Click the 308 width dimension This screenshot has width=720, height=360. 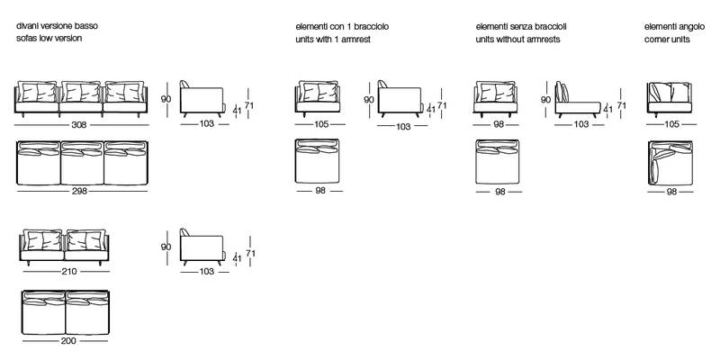click(79, 125)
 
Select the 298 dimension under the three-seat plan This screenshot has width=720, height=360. click(79, 191)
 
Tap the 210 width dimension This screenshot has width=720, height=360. click(69, 272)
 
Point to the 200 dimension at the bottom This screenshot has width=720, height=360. click(68, 341)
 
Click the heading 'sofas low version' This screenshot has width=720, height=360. click(49, 38)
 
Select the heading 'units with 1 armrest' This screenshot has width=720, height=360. click(333, 40)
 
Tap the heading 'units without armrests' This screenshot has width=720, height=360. click(518, 40)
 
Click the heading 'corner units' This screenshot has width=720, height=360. click(667, 40)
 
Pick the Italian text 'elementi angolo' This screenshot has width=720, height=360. click(674, 27)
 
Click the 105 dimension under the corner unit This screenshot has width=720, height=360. click(671, 124)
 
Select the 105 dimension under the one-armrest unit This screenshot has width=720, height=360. click(320, 124)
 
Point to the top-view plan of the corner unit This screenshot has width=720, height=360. click(670, 163)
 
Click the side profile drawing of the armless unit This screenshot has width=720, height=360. click(578, 100)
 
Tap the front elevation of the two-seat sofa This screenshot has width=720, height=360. click(65, 247)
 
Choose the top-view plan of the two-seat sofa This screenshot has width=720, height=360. click(66, 312)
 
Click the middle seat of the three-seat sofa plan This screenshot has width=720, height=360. click(82, 163)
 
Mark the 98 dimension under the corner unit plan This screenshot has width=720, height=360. click(671, 192)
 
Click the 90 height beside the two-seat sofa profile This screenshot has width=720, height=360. click(166, 247)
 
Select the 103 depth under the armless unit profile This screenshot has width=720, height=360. click(581, 124)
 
